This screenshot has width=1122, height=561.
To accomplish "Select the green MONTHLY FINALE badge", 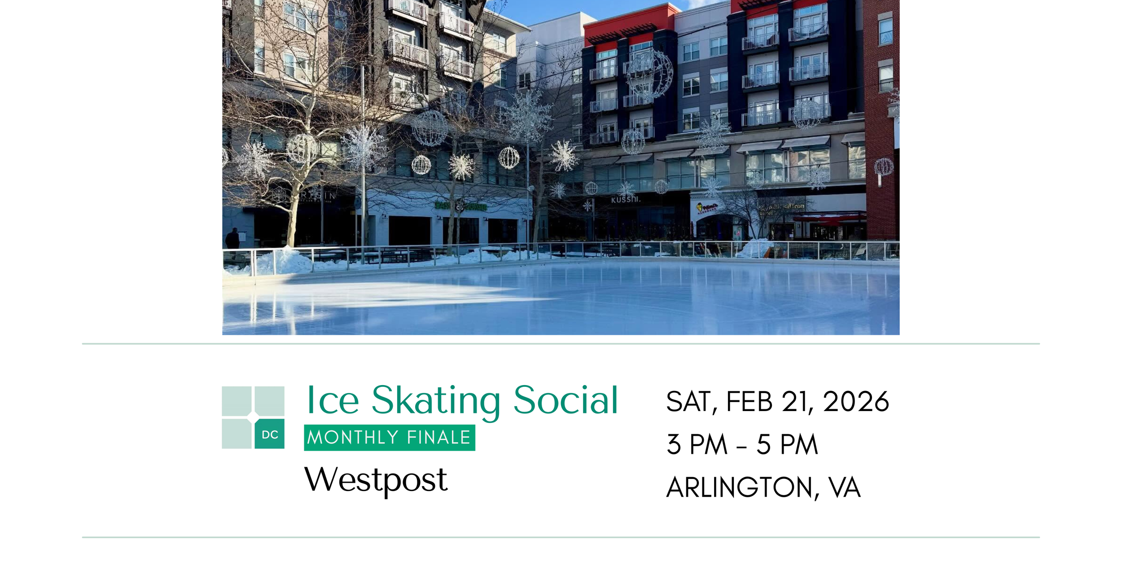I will [389, 437].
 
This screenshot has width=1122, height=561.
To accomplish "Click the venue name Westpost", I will [376, 480].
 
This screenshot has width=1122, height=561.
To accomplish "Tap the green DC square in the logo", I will [269, 434].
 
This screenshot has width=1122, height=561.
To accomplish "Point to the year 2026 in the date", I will [855, 401].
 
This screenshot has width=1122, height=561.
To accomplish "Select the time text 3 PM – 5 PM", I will [742, 444].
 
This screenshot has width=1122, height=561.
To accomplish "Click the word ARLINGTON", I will [740, 487].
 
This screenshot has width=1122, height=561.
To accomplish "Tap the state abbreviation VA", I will [844, 487].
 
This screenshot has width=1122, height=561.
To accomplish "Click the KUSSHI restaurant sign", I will [625, 199].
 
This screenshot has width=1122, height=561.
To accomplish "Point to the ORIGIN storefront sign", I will [317, 196].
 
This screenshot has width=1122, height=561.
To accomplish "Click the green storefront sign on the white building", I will [461, 206].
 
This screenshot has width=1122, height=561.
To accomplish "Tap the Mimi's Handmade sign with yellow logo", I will [706, 208].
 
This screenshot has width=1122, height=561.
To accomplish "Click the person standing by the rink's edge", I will [232, 239].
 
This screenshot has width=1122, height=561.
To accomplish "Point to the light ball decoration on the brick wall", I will [883, 167].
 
